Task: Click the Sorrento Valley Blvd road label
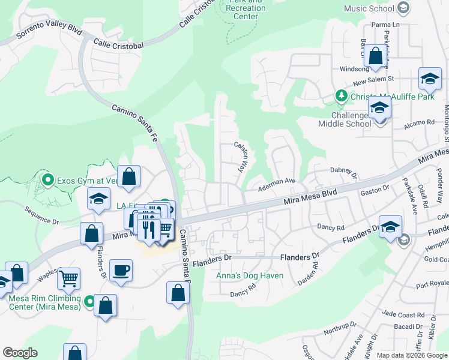[x=41, y=35]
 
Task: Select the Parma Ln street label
[x=385, y=25]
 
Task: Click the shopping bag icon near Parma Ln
[x=376, y=56]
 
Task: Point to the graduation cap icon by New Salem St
[x=430, y=79]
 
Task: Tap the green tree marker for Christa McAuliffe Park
[x=341, y=96]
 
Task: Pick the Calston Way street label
[x=241, y=157]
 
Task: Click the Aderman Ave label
[x=277, y=181]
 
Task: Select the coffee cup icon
[x=121, y=271]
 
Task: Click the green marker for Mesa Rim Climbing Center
[x=89, y=300]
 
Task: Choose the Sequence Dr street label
[x=41, y=216]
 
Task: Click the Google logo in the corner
[x=20, y=352]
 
